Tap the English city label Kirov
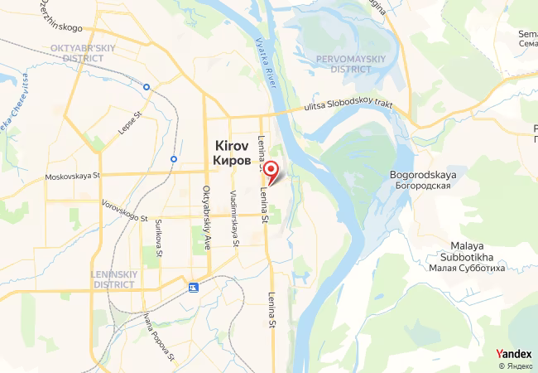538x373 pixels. click(x=233, y=143)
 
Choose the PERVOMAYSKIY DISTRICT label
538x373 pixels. click(x=350, y=64)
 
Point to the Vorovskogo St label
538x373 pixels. click(x=125, y=211)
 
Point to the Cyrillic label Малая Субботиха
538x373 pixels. click(x=468, y=267)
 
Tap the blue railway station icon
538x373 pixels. click(x=194, y=288)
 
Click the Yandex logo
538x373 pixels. click(x=513, y=354)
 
